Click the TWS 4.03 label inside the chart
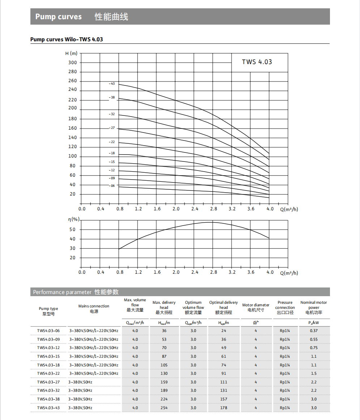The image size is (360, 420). tap(257, 62)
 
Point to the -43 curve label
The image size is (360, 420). tap(112, 84)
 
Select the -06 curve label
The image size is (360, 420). tap(112, 186)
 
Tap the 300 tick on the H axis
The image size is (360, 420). tap(73, 63)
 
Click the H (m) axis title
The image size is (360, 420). tap(71, 53)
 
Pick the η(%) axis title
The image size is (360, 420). tap(74, 219)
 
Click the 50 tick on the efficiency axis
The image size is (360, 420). tap(73, 230)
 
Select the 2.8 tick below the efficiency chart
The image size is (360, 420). tap(213, 272)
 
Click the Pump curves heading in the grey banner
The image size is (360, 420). tap(59, 17)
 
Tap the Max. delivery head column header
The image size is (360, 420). tap(164, 307)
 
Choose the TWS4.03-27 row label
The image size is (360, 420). tap(48, 382)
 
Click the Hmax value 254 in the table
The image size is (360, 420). tap(164, 408)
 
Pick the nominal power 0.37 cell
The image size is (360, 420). tap(314, 331)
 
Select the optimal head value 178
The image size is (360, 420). tap(224, 408)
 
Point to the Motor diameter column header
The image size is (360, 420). tap(256, 307)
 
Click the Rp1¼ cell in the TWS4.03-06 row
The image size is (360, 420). tap(285, 331)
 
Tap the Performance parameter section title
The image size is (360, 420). tap(76, 292)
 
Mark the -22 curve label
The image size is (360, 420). tap(112, 142)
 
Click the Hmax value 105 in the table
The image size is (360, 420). tap(164, 365)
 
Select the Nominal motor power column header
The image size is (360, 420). tap(314, 307)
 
